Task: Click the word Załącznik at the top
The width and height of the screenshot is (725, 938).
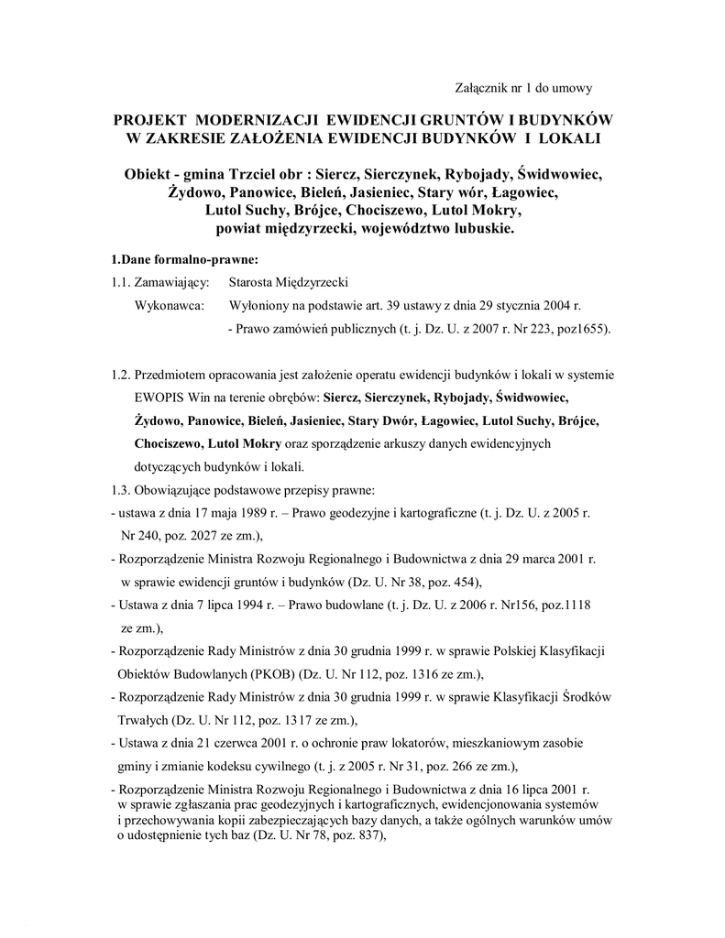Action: pos(481,88)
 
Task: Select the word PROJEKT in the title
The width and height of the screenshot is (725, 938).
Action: pos(150,121)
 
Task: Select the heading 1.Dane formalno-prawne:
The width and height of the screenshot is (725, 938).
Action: pos(178,259)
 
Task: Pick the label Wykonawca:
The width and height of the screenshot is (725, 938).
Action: pos(170,304)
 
